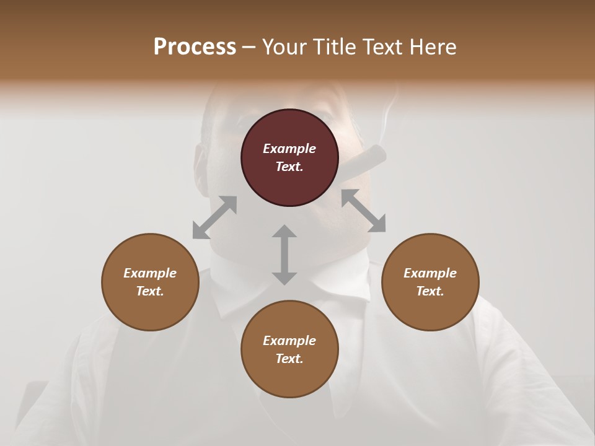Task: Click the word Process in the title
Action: click(x=195, y=46)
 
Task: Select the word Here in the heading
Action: click(x=433, y=46)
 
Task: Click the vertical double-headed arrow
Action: click(x=284, y=255)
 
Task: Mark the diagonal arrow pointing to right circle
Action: click(x=363, y=211)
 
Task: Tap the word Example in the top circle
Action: click(x=289, y=149)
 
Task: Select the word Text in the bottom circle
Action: click(x=289, y=359)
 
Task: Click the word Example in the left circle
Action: click(x=150, y=273)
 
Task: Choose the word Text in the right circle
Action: click(x=430, y=291)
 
